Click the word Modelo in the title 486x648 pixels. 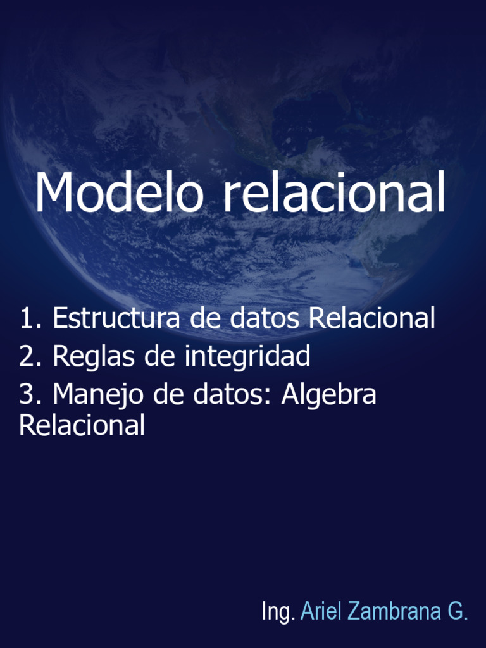[119, 192]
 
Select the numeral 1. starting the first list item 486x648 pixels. [30, 318]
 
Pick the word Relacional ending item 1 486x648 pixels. [371, 318]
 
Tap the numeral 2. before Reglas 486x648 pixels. [30, 357]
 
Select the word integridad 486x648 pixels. [247, 358]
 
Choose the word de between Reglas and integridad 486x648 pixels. [161, 357]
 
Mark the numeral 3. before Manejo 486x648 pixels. [30, 395]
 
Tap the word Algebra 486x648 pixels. [328, 396]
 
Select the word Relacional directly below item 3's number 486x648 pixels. [82, 425]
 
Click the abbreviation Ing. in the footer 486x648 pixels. [278, 612]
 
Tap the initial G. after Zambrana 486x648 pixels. [458, 611]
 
